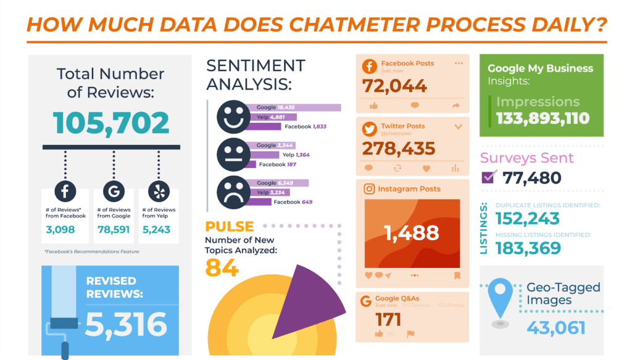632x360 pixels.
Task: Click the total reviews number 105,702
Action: pos(110,123)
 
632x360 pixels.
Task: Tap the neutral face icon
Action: pos(234,154)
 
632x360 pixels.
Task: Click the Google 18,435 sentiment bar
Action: pos(299,107)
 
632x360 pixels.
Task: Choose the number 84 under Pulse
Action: pos(223,267)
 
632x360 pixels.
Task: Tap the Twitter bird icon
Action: pos(370,130)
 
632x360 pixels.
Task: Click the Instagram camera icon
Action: pos(369,189)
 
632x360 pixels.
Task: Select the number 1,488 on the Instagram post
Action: pos(412,232)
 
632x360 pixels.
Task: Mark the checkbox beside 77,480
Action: pos(489,178)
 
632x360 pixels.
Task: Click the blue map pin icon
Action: pos(501,298)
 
